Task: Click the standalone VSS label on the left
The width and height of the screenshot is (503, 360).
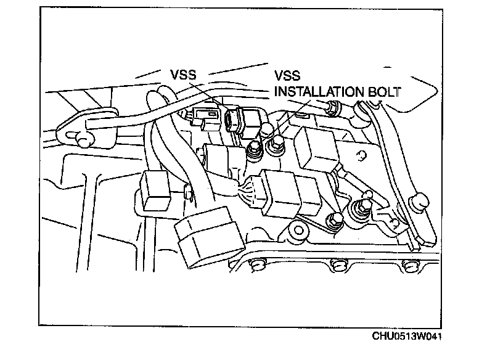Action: click(x=184, y=75)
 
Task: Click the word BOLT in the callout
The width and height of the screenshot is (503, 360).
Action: click(x=382, y=92)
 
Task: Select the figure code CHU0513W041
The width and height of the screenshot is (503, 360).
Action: click(x=407, y=337)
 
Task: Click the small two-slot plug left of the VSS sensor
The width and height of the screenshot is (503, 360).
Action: click(x=204, y=115)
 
